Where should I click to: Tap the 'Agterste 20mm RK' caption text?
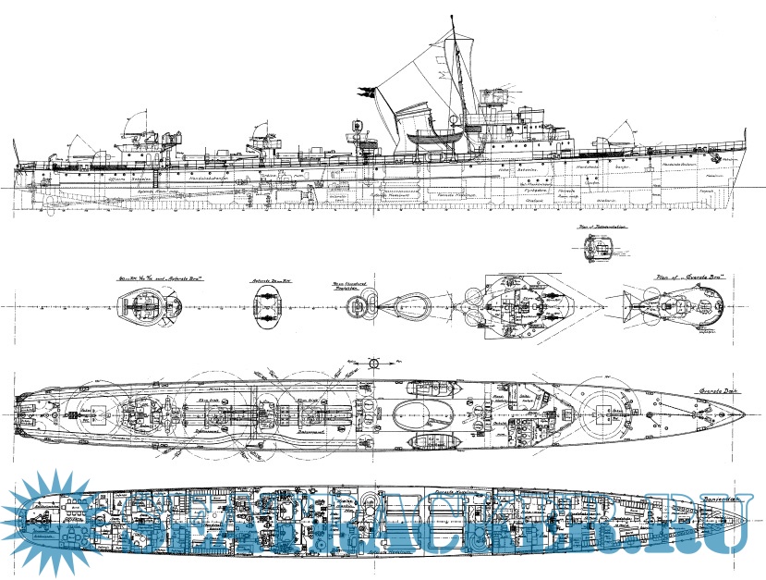pos(267,279)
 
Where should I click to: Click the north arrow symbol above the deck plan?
pos(373,362)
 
